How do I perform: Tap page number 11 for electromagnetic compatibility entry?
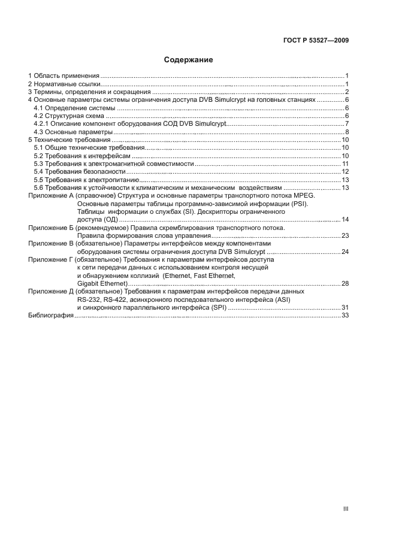tap(345, 164)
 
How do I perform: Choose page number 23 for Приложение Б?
tap(345, 236)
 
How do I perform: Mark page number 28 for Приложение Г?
tap(345, 283)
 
